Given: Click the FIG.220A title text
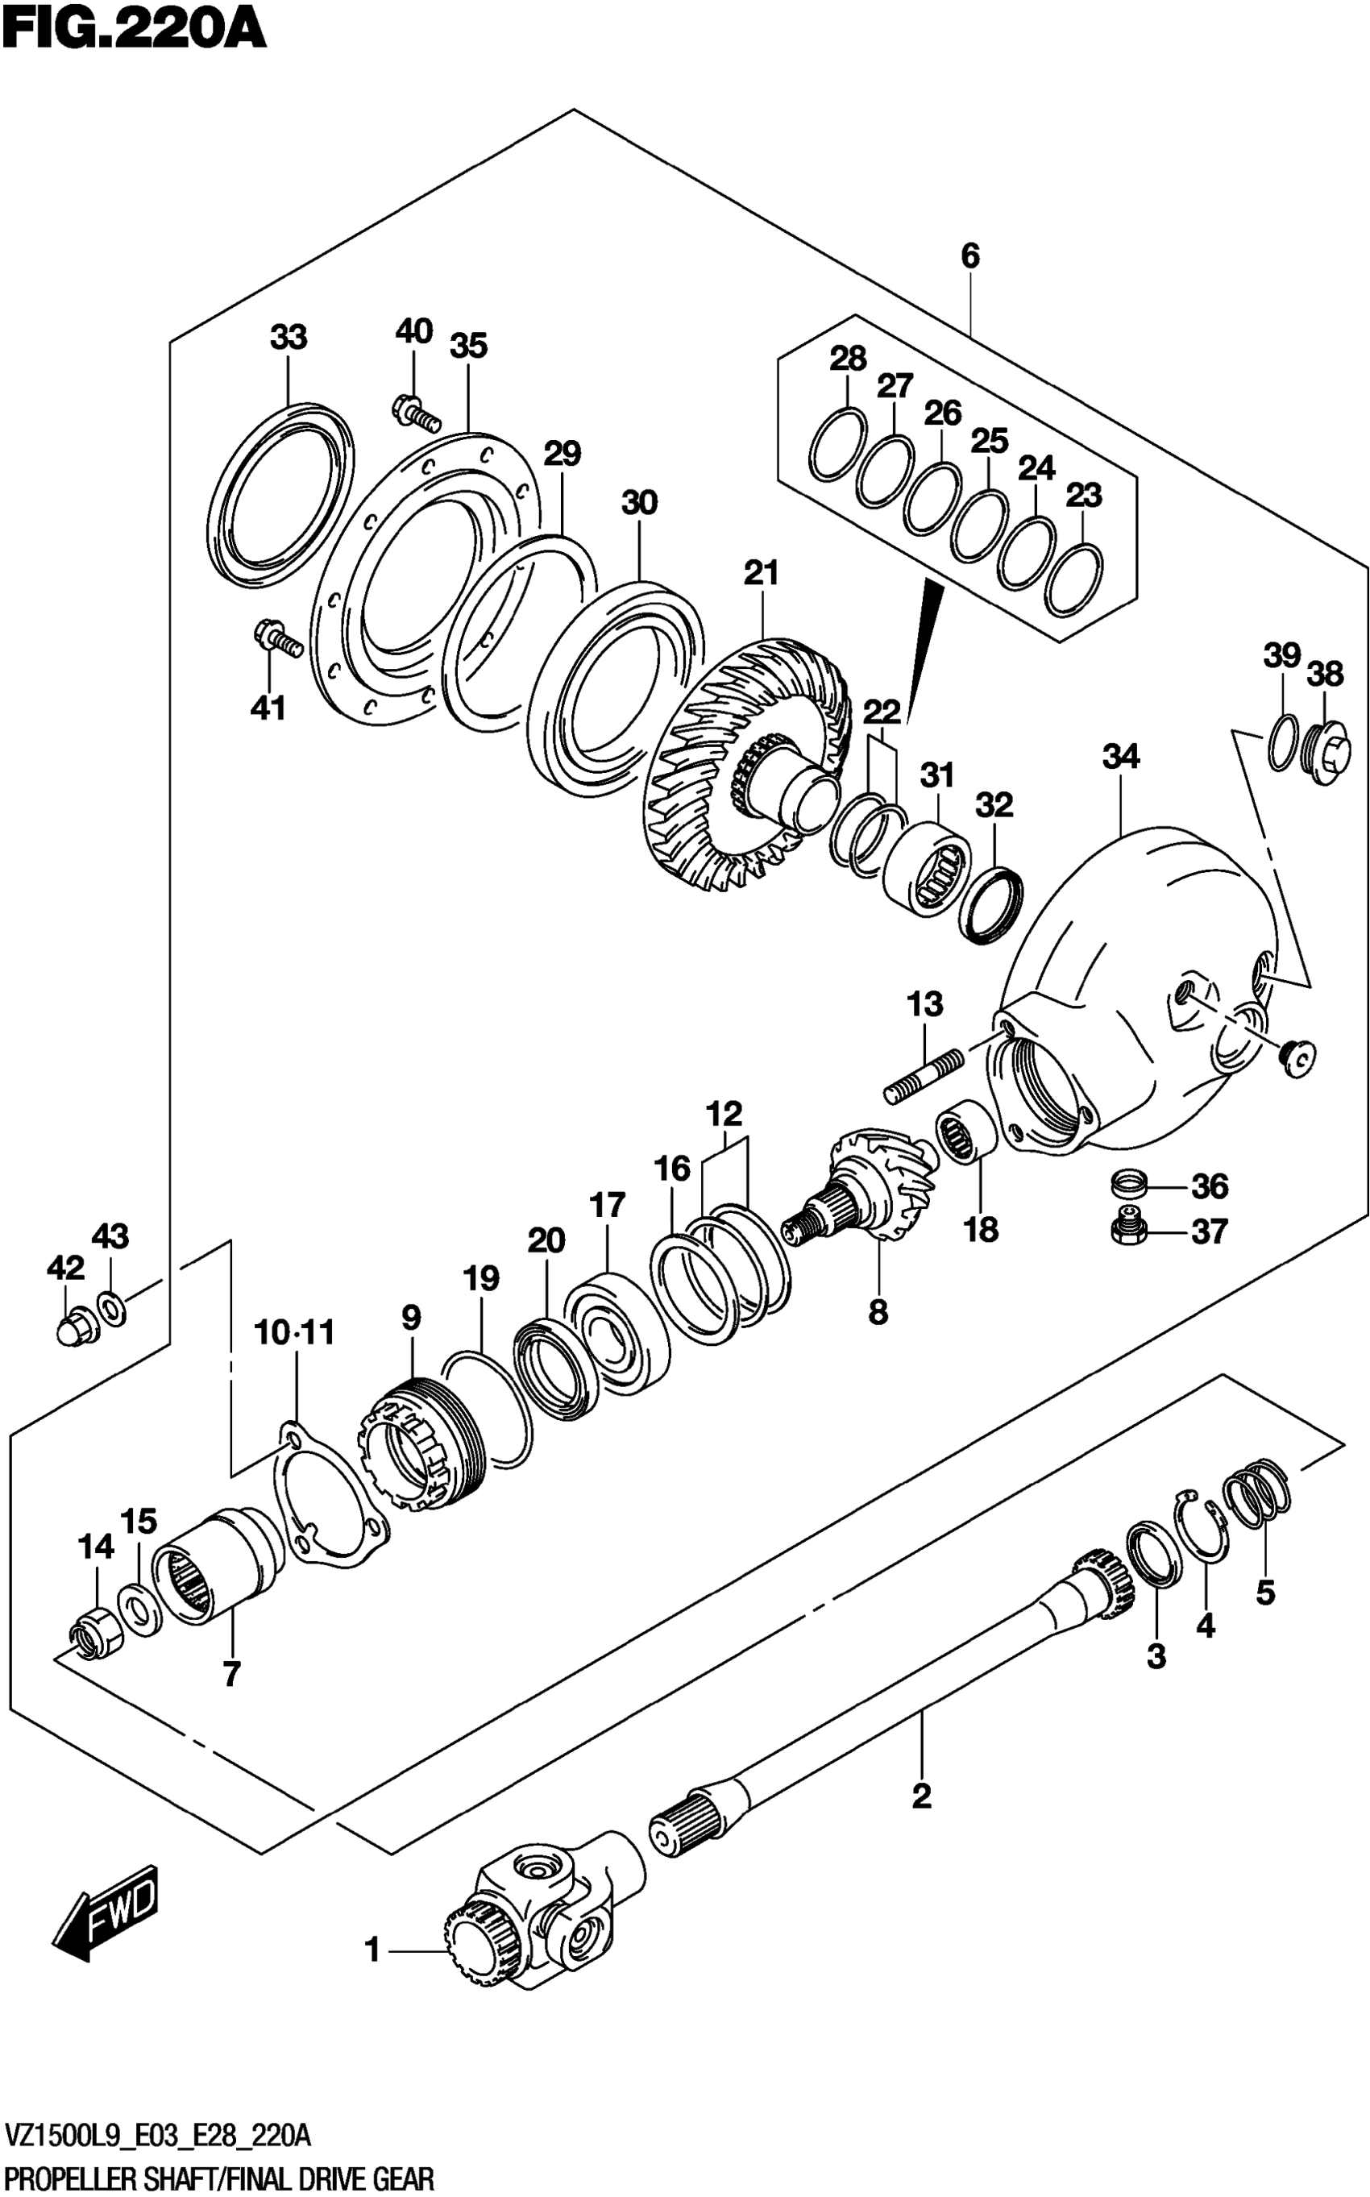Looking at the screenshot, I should (x=134, y=29).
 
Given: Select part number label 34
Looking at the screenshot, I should (x=1121, y=757).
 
